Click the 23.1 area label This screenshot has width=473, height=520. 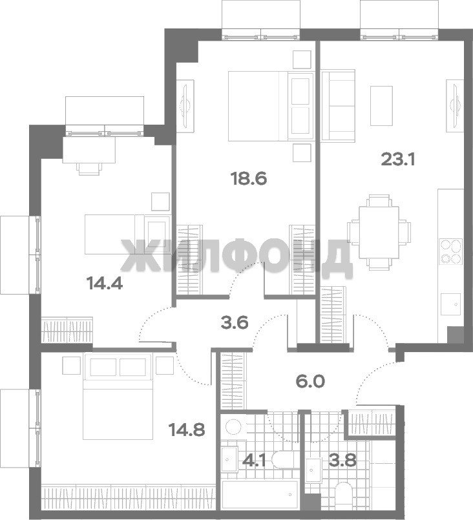coord(397,160)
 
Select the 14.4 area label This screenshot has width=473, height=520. coord(105,283)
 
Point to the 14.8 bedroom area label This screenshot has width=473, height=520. coord(187,430)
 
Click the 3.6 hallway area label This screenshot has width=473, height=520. coord(235,322)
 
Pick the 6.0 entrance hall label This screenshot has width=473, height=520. coord(310,381)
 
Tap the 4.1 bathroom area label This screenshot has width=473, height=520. coord(254,461)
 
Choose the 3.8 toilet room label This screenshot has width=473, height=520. coord(342,461)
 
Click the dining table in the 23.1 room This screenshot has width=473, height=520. coord(379,232)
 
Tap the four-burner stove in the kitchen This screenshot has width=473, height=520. coord(451,251)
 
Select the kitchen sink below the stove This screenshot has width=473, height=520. coord(450,304)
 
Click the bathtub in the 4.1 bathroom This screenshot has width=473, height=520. coord(260,495)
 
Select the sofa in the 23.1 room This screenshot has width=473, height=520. coord(339,105)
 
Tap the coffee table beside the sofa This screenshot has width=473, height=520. coord(381,106)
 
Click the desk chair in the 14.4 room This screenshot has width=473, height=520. coord(89,169)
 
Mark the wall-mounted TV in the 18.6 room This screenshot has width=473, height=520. coord(185,103)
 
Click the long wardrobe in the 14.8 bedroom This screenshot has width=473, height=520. coord(129,498)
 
